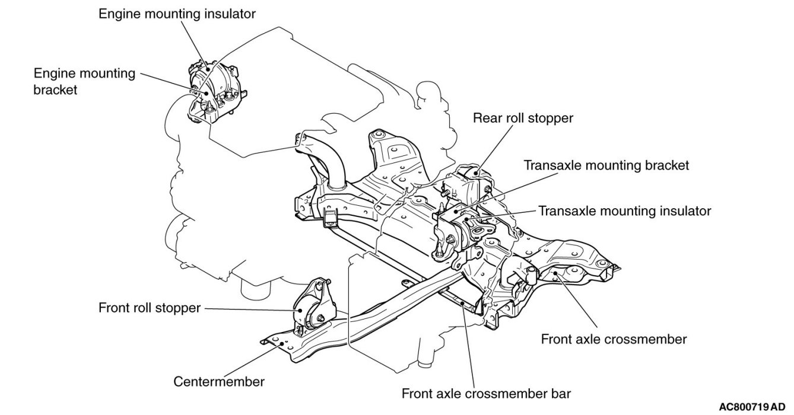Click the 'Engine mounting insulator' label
click(177, 14)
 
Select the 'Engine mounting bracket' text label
click(84, 81)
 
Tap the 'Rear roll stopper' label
click(523, 118)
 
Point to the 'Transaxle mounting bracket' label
click(606, 165)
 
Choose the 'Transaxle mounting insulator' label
click(624, 211)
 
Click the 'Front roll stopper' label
click(150, 308)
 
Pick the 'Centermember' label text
click(219, 382)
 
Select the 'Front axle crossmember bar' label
click(486, 394)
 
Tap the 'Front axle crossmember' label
click(614, 339)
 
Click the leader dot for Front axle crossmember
click(555, 273)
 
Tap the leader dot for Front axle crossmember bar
click(463, 303)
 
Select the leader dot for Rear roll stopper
click(478, 173)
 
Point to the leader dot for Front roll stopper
click(300, 311)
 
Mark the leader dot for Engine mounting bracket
click(206, 92)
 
